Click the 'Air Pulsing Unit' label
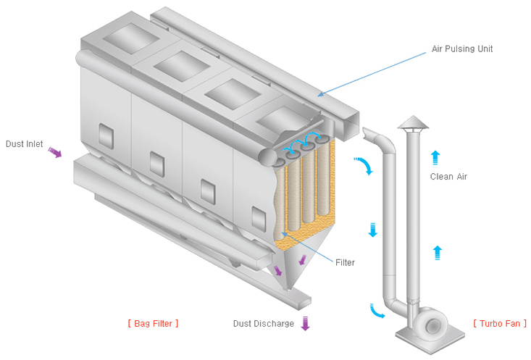(461, 49)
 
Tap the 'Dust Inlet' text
(25, 144)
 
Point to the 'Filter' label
(345, 262)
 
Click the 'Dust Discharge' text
(263, 324)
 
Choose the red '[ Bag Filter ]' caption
(152, 323)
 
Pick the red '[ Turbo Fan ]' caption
(500, 323)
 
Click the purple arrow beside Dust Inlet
(55, 151)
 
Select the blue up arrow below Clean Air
(437, 252)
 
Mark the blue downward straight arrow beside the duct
(372, 230)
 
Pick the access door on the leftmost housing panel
(105, 134)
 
